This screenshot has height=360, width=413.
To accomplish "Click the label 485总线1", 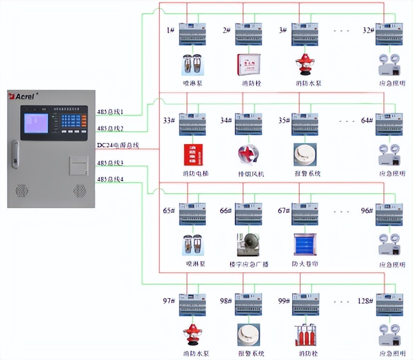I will [110, 112].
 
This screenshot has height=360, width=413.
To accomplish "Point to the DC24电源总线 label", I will [118, 145].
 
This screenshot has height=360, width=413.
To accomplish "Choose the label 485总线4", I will [110, 180].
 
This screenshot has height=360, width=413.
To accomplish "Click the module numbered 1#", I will [192, 34].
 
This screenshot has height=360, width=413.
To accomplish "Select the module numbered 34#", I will [248, 124].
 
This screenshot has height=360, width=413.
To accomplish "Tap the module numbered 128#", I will [389, 305].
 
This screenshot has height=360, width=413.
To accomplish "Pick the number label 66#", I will [226, 210].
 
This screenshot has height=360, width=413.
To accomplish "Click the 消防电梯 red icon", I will [193, 155].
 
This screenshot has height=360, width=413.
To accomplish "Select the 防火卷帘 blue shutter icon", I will [305, 245].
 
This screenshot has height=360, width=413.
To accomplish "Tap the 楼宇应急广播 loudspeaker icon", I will [248, 245].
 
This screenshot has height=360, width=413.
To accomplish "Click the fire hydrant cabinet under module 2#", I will [249, 65].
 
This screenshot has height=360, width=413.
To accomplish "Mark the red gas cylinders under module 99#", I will [305, 335].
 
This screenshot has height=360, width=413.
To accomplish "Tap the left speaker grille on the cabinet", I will [22, 190].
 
